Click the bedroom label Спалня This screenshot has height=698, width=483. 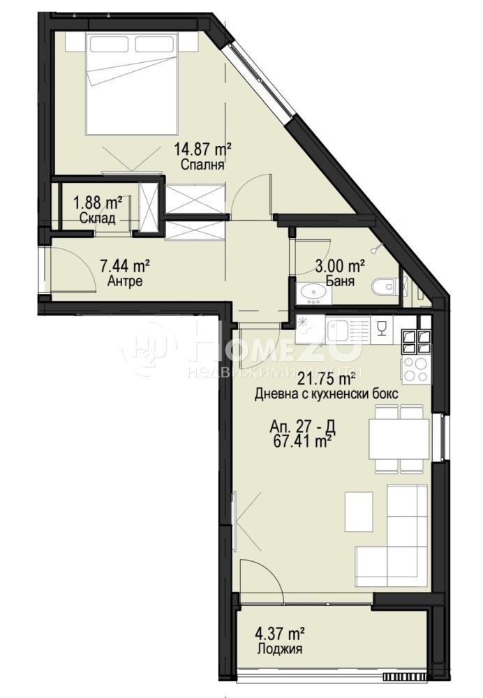point(202,165)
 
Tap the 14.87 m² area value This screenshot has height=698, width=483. point(202,149)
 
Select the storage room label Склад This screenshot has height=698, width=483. point(96,217)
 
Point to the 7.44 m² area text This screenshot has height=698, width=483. point(126,266)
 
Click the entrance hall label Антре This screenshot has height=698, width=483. point(126,282)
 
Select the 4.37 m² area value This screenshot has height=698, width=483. point(278,634)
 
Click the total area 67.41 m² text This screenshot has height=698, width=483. point(303,441)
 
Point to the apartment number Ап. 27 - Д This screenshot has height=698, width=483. point(302,426)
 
